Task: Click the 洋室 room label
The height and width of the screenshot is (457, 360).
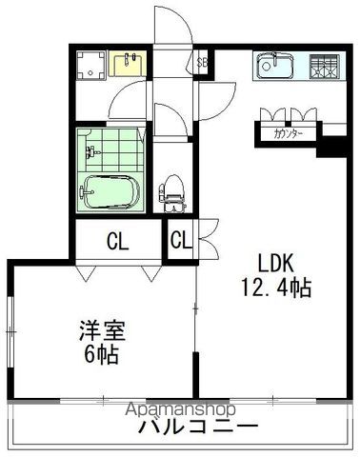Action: (x=102, y=332)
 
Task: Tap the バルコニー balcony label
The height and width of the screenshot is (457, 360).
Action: (x=197, y=427)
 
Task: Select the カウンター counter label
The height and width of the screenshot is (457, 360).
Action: (x=289, y=134)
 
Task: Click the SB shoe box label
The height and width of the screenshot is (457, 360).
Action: (x=201, y=63)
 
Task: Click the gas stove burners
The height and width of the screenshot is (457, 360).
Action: (x=322, y=67)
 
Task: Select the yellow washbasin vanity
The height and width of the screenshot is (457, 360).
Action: (x=127, y=64)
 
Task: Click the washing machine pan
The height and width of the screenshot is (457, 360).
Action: (x=92, y=65)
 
